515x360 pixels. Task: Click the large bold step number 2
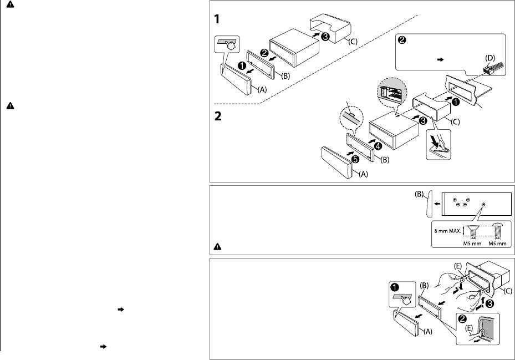[217, 116]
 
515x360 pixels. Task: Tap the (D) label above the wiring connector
[489, 58]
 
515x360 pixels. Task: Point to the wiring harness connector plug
[493, 68]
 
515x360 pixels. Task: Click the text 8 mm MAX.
[447, 231]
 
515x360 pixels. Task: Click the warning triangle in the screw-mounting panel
[217, 247]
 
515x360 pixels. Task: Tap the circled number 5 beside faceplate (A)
[355, 159]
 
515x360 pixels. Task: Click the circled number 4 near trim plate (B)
[378, 145]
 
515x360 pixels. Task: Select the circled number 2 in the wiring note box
[402, 40]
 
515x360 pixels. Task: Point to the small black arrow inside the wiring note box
[441, 59]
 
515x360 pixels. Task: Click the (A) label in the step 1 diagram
[262, 89]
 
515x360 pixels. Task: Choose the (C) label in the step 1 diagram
[353, 42]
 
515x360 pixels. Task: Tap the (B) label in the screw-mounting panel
[419, 194]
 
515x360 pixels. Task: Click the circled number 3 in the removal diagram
[489, 303]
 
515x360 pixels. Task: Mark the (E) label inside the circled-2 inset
[468, 328]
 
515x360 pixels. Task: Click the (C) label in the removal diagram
[508, 291]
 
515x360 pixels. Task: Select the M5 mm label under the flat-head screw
[472, 244]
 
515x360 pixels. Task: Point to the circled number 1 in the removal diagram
[395, 287]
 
